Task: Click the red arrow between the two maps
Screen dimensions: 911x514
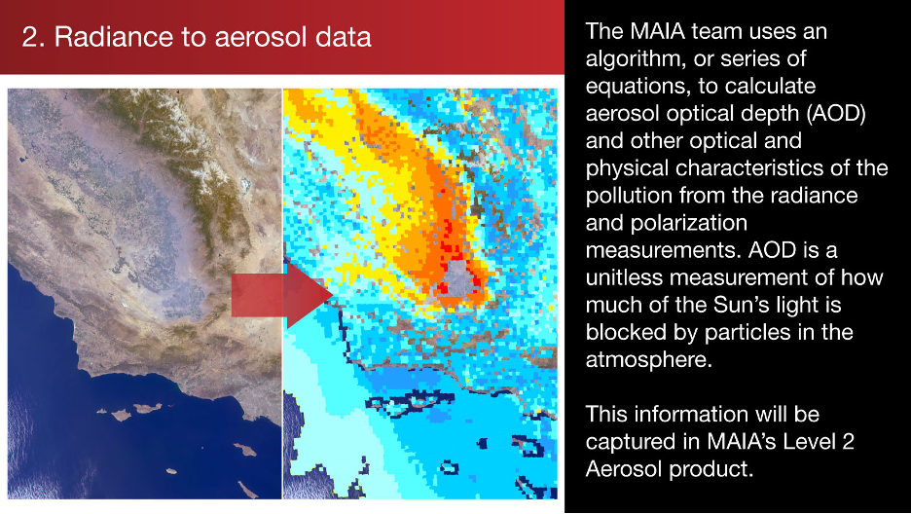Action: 282,295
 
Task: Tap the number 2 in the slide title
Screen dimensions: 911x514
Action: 29,37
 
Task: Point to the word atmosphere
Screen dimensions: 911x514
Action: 648,360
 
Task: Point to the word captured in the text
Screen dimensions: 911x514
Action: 629,442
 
